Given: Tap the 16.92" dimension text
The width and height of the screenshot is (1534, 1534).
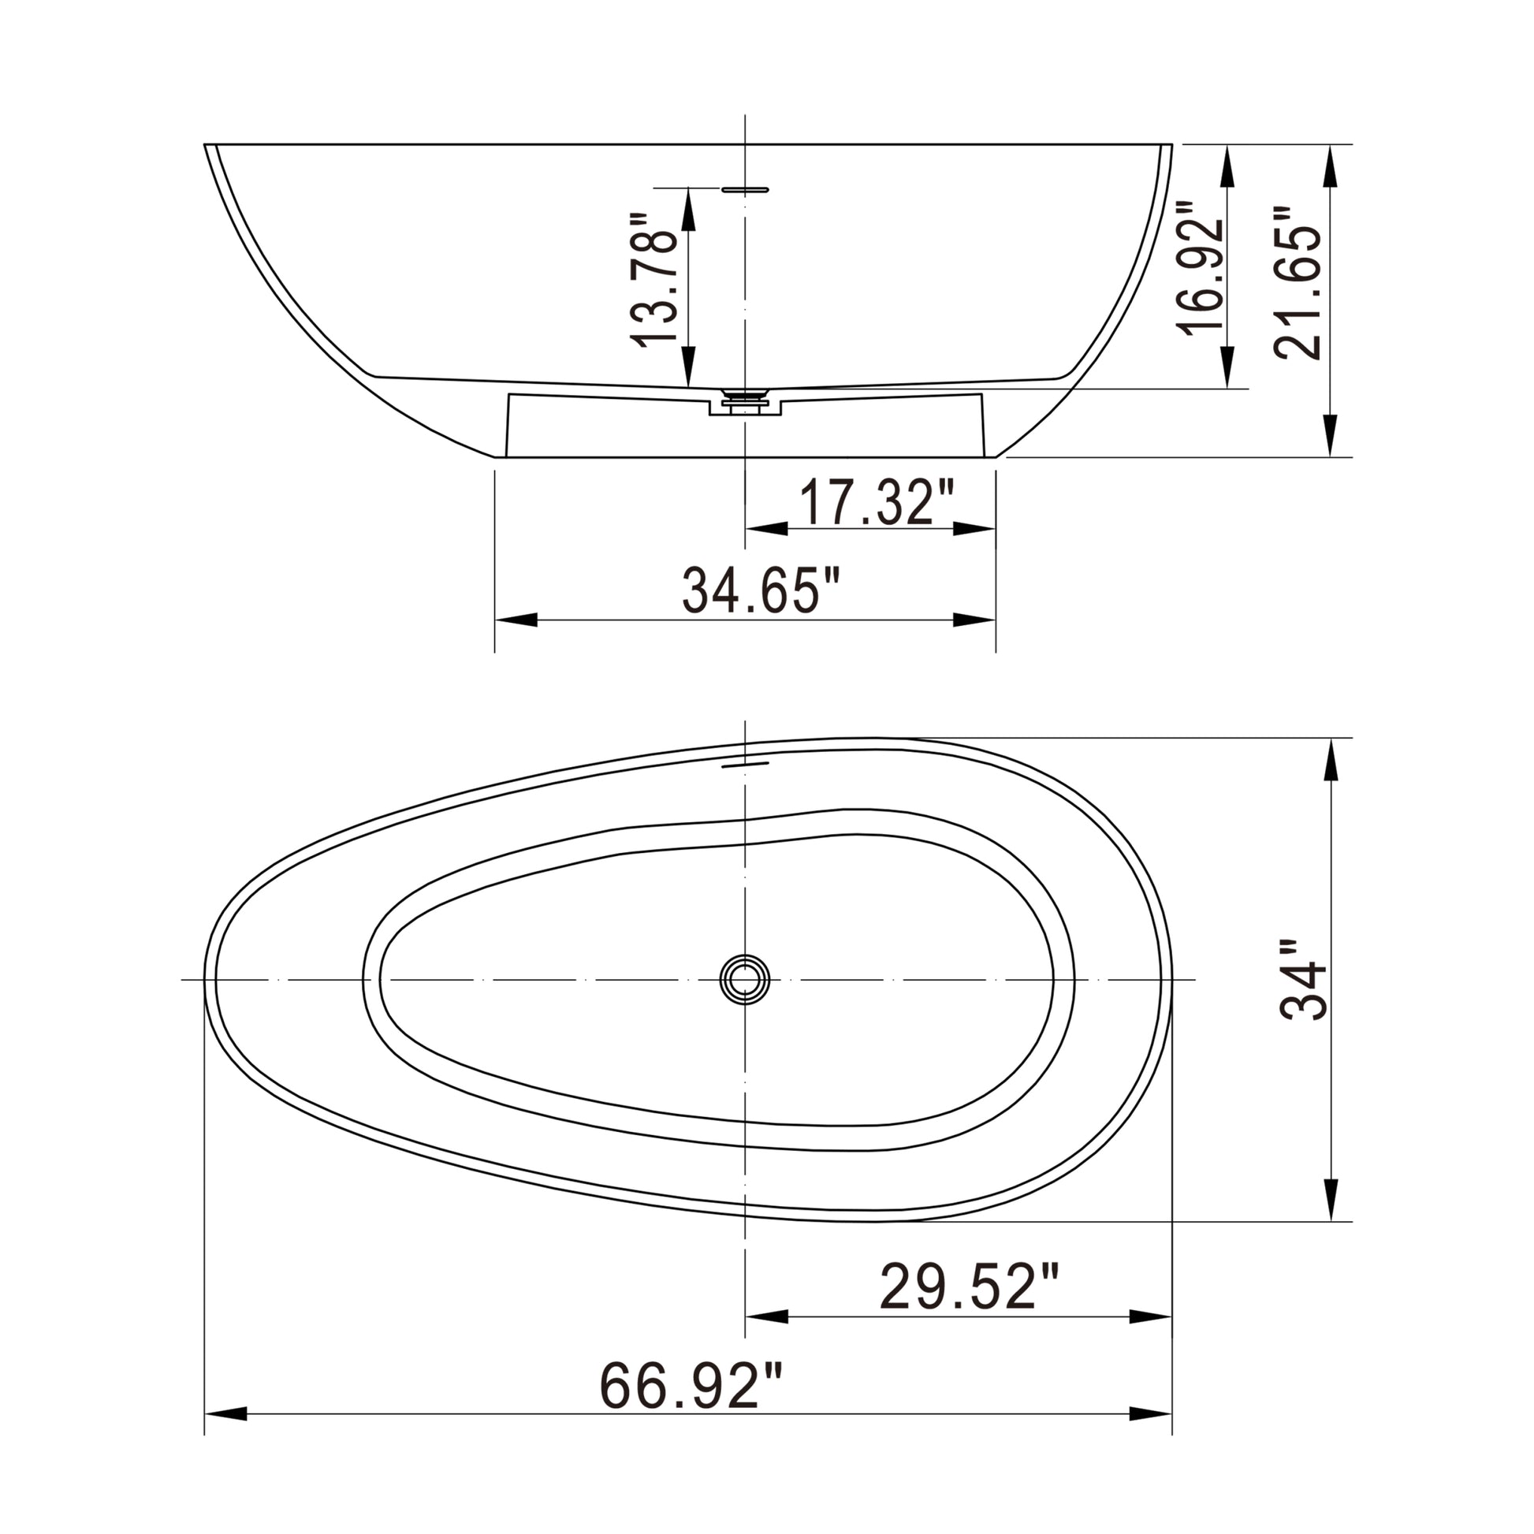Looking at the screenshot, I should (1199, 268).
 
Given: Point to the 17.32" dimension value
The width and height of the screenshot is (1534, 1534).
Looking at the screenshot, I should (875, 503).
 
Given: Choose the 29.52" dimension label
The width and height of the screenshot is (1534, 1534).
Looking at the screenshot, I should (970, 1287).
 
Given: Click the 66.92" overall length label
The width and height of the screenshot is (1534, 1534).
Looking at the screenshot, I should (691, 1386).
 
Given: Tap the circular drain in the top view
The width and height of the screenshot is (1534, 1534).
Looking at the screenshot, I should (745, 980).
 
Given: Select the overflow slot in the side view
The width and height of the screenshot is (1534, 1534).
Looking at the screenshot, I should (745, 190).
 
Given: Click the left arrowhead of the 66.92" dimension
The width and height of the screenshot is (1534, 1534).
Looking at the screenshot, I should (225, 1436).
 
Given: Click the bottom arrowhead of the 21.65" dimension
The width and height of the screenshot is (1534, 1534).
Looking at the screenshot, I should (1331, 437).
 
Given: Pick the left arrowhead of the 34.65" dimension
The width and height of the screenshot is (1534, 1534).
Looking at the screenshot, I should (516, 620).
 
